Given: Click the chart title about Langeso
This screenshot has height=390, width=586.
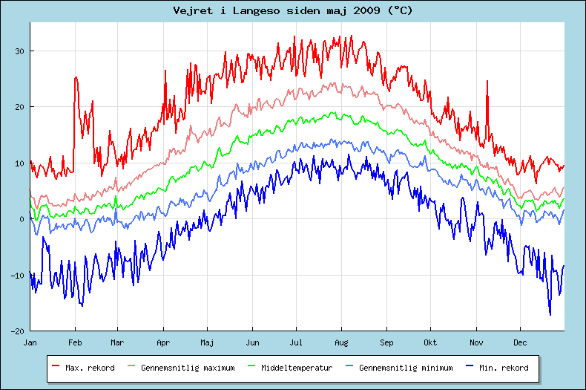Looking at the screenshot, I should click(x=293, y=10).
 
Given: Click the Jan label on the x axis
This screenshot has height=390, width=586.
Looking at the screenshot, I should click(x=30, y=342).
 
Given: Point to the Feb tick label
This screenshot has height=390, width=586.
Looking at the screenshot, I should click(x=74, y=342).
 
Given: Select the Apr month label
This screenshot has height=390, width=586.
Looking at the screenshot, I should click(x=163, y=342).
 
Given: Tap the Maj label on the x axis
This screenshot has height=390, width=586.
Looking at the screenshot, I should click(x=208, y=342).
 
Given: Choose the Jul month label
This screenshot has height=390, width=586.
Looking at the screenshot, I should click(x=297, y=342).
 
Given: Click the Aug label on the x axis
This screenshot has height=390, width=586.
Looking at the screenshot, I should click(x=341, y=342).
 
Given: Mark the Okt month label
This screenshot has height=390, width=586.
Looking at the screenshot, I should click(x=430, y=342).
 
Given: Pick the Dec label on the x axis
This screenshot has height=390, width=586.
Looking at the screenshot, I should click(x=519, y=342).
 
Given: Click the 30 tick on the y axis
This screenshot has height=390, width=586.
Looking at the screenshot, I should click(x=19, y=51).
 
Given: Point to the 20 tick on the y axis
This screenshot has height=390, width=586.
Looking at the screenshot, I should click(x=19, y=107).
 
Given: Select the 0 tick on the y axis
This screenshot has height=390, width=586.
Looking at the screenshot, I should click(x=22, y=219).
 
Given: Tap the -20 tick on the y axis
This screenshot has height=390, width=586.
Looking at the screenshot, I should click(x=18, y=331).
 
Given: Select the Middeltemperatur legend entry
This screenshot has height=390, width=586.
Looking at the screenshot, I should click(x=292, y=368).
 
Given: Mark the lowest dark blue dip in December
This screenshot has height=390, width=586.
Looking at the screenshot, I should click(x=550, y=314).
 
